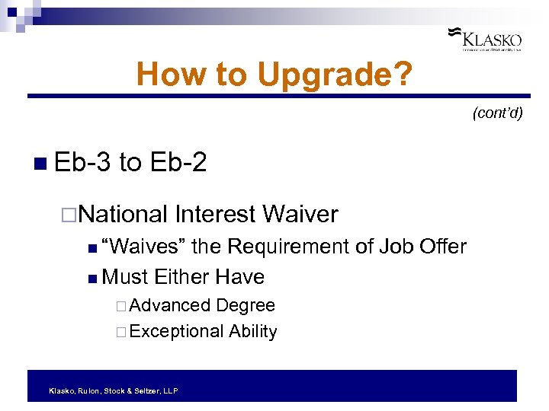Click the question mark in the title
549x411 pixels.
click(x=404, y=75)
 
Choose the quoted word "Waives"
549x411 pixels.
click(x=143, y=247)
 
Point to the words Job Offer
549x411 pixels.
click(x=422, y=247)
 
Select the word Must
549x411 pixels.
click(x=125, y=276)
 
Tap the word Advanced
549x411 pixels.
click(x=170, y=305)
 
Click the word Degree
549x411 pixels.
click(x=245, y=305)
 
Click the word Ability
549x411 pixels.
click(x=252, y=331)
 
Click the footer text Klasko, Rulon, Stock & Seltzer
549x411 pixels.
click(x=113, y=390)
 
